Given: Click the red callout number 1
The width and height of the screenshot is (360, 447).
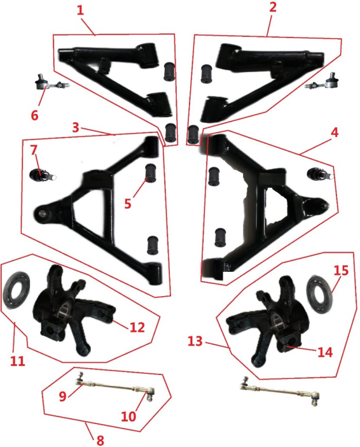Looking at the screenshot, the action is [x=81, y=11].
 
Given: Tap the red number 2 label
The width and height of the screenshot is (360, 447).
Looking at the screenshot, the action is [x=273, y=6].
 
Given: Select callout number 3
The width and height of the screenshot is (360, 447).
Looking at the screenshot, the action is [x=76, y=127].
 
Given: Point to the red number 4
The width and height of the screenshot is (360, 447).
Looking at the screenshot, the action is [x=335, y=132].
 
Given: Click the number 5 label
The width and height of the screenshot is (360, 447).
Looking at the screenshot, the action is [x=128, y=204].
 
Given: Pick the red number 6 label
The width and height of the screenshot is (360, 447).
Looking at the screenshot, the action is [x=34, y=115].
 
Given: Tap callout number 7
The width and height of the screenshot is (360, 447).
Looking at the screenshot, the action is [x=34, y=150].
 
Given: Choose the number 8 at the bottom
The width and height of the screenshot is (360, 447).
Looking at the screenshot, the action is [x=100, y=440].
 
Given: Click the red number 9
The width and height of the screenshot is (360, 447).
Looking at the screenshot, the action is [x=63, y=396].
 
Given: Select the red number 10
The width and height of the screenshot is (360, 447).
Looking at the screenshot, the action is [x=128, y=416].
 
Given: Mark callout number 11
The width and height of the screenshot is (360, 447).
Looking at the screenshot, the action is [x=18, y=361].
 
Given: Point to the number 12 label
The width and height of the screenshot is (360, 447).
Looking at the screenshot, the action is [x=137, y=327].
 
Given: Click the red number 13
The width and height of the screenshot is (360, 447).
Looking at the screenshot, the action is [x=195, y=341].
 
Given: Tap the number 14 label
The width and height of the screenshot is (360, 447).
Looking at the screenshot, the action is [x=325, y=353].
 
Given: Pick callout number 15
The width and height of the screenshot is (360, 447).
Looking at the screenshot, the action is [x=341, y=270].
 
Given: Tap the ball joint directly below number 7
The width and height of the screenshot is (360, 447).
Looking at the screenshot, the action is [x=43, y=174].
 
